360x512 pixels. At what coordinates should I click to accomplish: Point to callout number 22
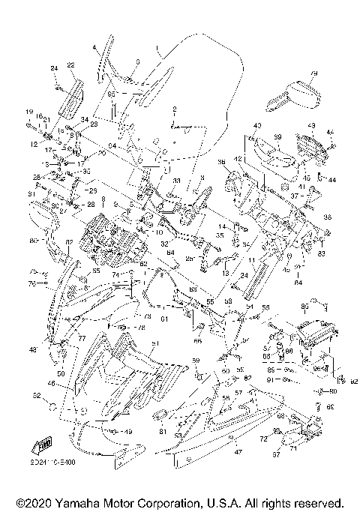pos(70,65)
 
